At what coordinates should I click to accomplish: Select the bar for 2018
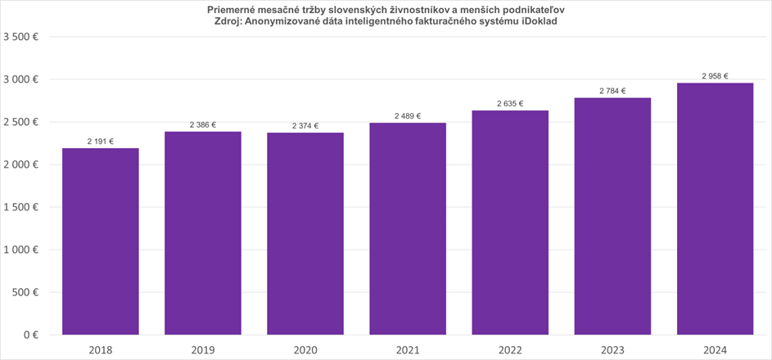[x=100, y=241]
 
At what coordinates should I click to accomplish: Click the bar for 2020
[x=305, y=234]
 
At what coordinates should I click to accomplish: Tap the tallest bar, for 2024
[x=715, y=209]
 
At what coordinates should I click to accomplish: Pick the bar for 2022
[x=510, y=223]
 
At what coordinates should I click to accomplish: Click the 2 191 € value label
[x=100, y=142]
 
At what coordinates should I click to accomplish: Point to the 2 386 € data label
[x=203, y=125]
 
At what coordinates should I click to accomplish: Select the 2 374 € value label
[x=305, y=126]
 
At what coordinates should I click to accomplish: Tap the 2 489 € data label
[x=408, y=116]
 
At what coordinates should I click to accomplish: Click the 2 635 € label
[x=510, y=104]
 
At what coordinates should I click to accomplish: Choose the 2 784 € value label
[x=612, y=91]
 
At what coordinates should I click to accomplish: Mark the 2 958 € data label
[x=715, y=76]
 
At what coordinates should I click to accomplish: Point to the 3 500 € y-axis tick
[x=23, y=37]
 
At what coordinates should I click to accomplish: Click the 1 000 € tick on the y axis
[x=23, y=250]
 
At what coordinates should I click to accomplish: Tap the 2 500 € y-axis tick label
[x=23, y=122]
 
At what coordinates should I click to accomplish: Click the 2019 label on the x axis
[x=203, y=350]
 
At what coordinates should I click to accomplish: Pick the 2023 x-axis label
[x=612, y=350]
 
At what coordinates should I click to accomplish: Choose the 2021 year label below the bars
[x=408, y=350]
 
